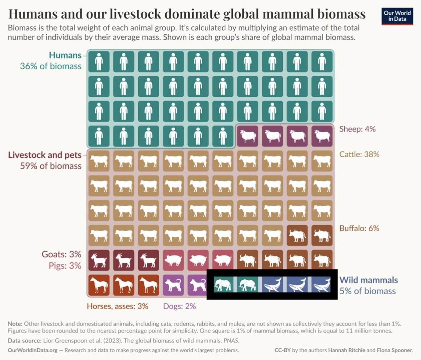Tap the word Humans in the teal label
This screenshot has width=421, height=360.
pos(65,55)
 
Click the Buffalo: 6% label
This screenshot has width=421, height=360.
pos(359,228)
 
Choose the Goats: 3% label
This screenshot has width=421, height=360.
pos(61,255)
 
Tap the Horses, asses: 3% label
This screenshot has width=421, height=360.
pos(117,306)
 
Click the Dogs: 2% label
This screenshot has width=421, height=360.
pos(179,306)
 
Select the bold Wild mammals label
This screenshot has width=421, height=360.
pos(369,280)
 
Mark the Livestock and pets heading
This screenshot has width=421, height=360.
pos(45,155)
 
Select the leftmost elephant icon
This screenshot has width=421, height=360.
pos(223,285)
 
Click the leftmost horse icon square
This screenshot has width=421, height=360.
pos(99,285)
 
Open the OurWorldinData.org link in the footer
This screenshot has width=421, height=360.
pos(32,350)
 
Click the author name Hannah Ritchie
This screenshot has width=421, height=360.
pos(344,350)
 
